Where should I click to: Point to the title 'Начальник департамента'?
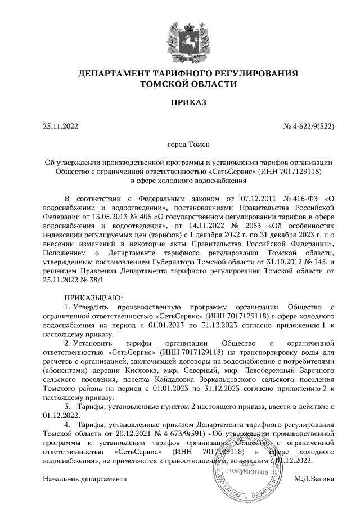pyautogui.click(x=85, y=478)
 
